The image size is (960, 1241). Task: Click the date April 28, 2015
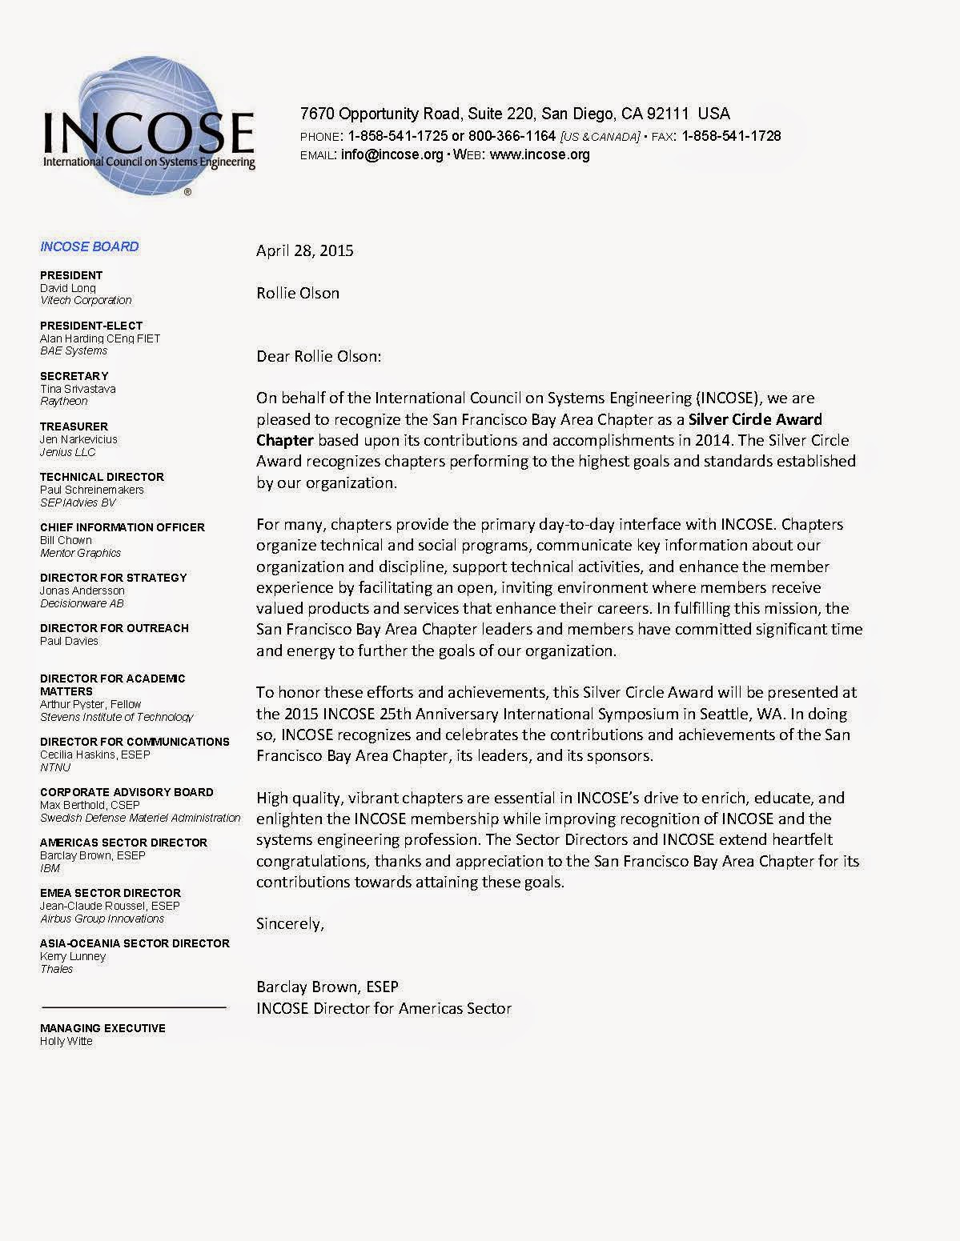pyautogui.click(x=304, y=250)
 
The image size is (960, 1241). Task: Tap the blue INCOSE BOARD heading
pyautogui.click(x=89, y=246)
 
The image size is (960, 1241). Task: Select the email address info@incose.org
pyautogui.click(x=392, y=154)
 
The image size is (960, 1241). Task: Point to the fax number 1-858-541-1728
pyautogui.click(x=731, y=136)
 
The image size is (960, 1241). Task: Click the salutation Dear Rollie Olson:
pyautogui.click(x=319, y=356)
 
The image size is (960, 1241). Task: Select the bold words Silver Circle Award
pyautogui.click(x=755, y=419)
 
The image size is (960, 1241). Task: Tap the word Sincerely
pyautogui.click(x=290, y=923)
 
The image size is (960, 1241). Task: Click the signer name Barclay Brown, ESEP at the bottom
pyautogui.click(x=327, y=987)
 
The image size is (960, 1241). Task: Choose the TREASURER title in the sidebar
pyautogui.click(x=74, y=426)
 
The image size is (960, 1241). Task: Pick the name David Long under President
pyautogui.click(x=68, y=288)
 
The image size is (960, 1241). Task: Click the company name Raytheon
pyautogui.click(x=64, y=401)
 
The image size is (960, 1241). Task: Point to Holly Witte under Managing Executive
pyautogui.click(x=66, y=1041)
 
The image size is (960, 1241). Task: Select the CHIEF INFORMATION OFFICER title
pyautogui.click(x=122, y=527)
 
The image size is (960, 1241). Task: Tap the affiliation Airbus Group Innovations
pyautogui.click(x=102, y=919)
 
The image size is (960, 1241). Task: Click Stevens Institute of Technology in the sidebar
pyautogui.click(x=116, y=717)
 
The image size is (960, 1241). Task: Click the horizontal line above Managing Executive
pyautogui.click(x=133, y=1007)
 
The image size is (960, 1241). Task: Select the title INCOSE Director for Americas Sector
pyautogui.click(x=384, y=1008)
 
